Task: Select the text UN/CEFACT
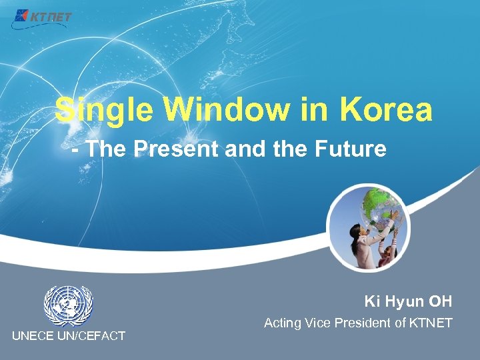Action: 93,336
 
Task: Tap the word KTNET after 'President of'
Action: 430,323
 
